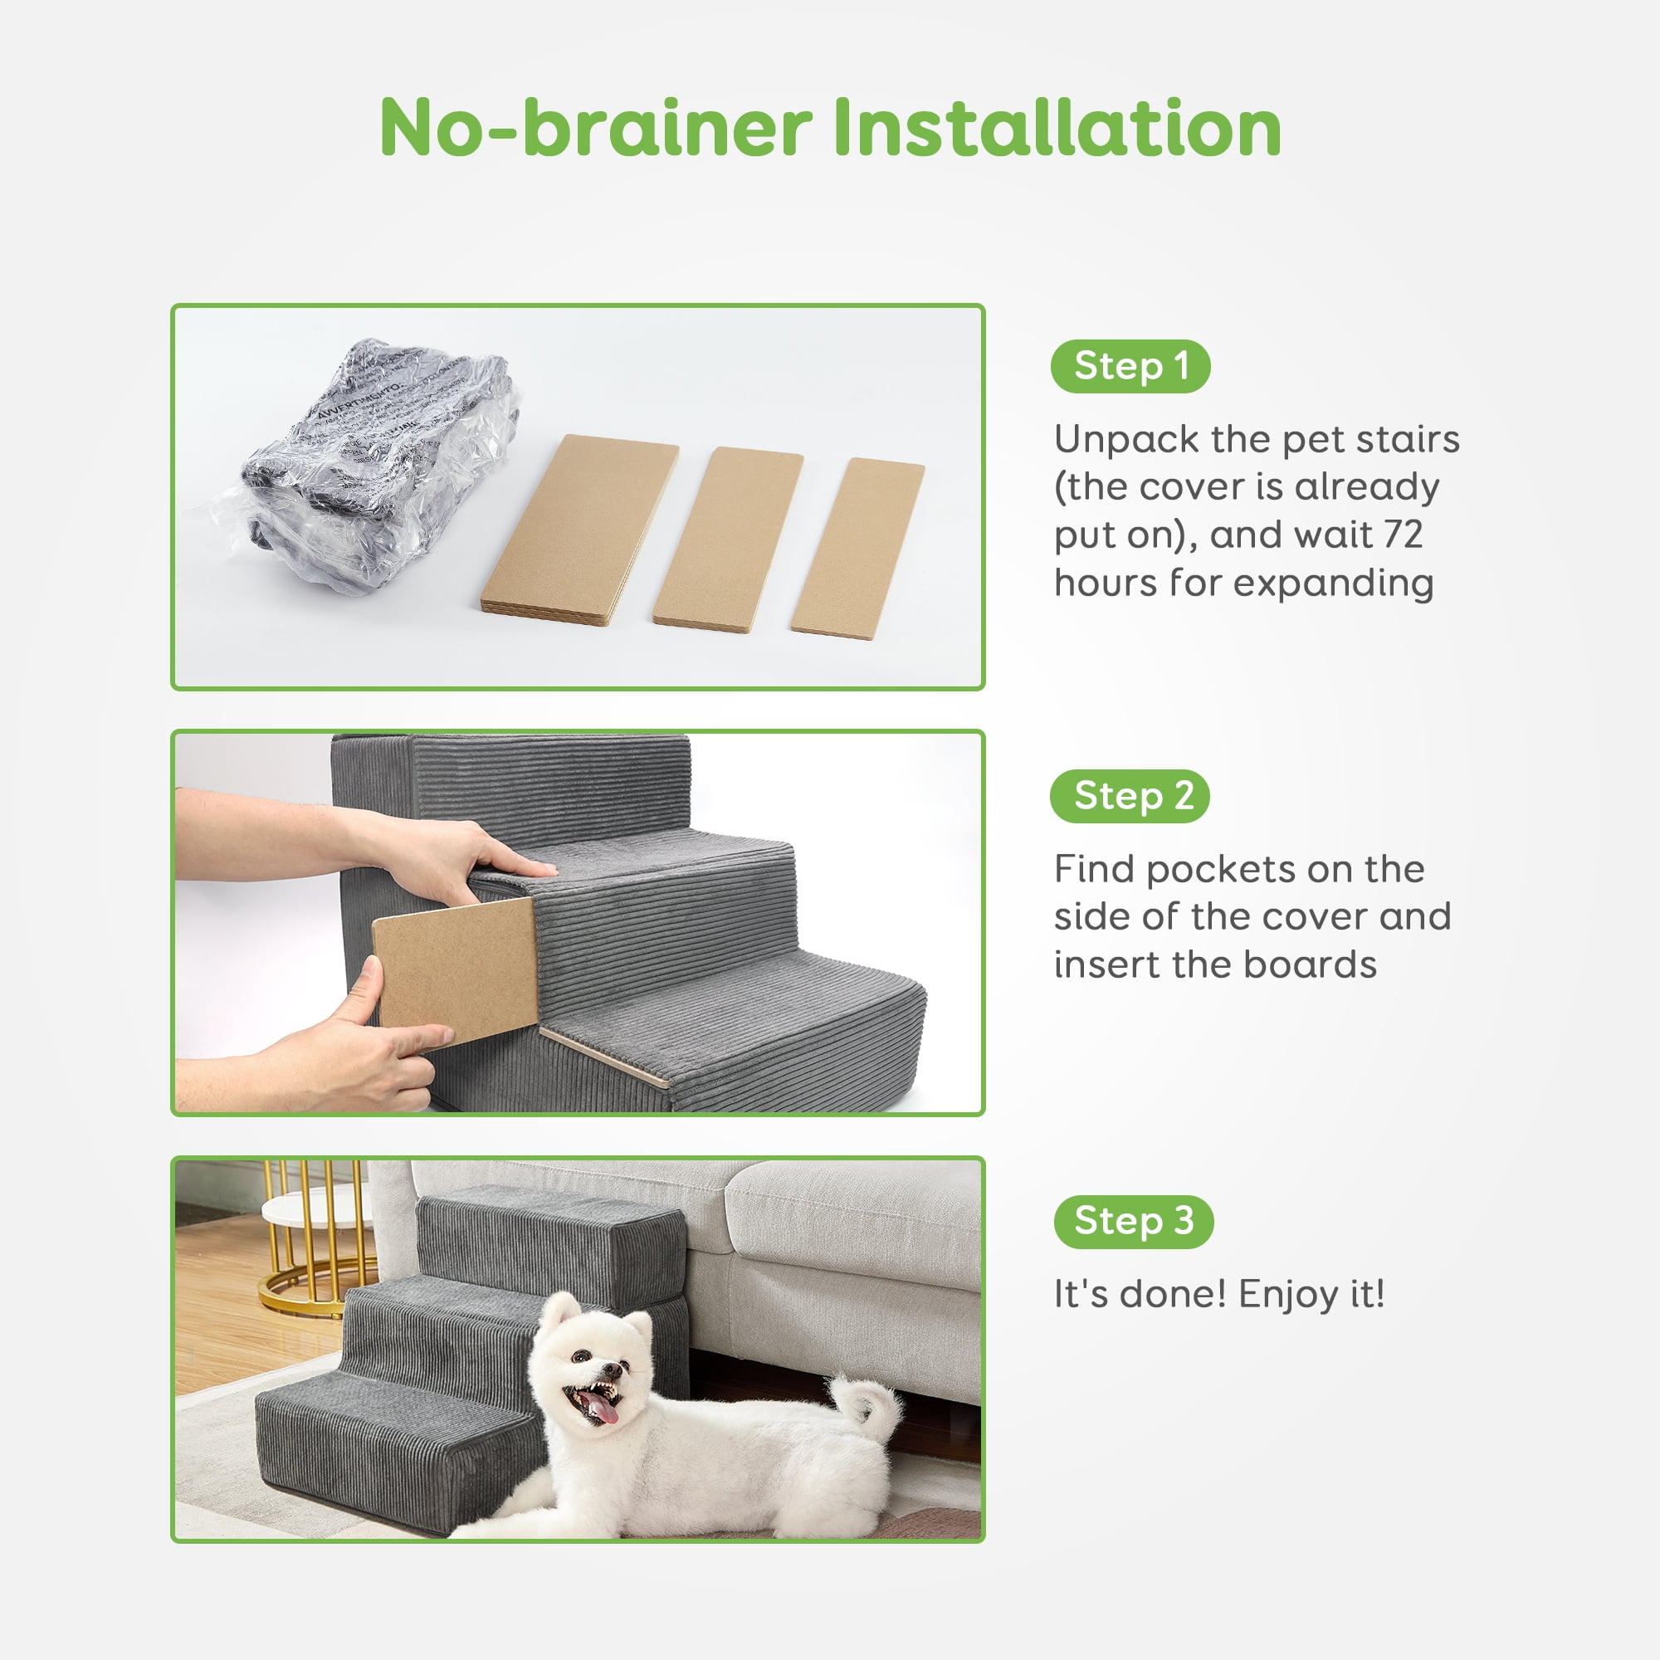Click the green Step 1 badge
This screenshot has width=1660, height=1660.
[x=1130, y=367]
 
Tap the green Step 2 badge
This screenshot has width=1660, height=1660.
[x=1130, y=797]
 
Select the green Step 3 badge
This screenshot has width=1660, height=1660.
[x=1133, y=1221]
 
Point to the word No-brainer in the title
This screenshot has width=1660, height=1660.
[x=595, y=128]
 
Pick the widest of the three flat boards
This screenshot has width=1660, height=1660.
[x=580, y=529]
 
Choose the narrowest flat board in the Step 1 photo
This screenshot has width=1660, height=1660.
[x=857, y=548]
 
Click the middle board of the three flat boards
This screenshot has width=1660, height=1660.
[x=728, y=539]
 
